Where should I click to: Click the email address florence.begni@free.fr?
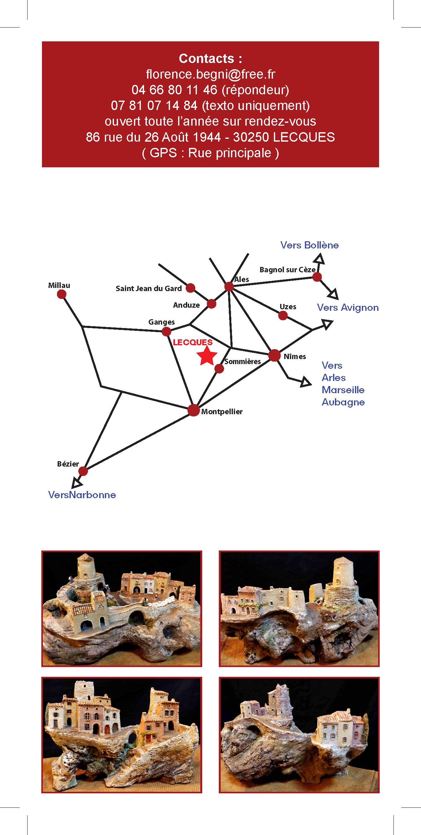click(x=210, y=75)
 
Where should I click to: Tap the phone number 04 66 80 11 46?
click(x=174, y=90)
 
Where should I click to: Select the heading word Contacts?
click(x=206, y=59)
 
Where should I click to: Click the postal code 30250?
click(x=251, y=137)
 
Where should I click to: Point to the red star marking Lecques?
click(x=207, y=356)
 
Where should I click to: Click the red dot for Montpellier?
click(x=193, y=410)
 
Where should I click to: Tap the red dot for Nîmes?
click(x=274, y=355)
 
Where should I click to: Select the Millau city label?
click(x=59, y=285)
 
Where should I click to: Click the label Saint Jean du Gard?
click(x=149, y=289)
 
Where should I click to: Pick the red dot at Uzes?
click(x=283, y=316)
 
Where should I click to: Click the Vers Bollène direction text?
click(x=310, y=245)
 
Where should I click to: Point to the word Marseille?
click(x=343, y=390)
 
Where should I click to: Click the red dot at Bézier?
click(x=83, y=471)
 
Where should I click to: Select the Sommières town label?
click(x=243, y=362)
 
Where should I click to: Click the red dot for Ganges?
click(x=167, y=331)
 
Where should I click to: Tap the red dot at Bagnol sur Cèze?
click(x=317, y=277)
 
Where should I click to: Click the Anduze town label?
click(x=187, y=305)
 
